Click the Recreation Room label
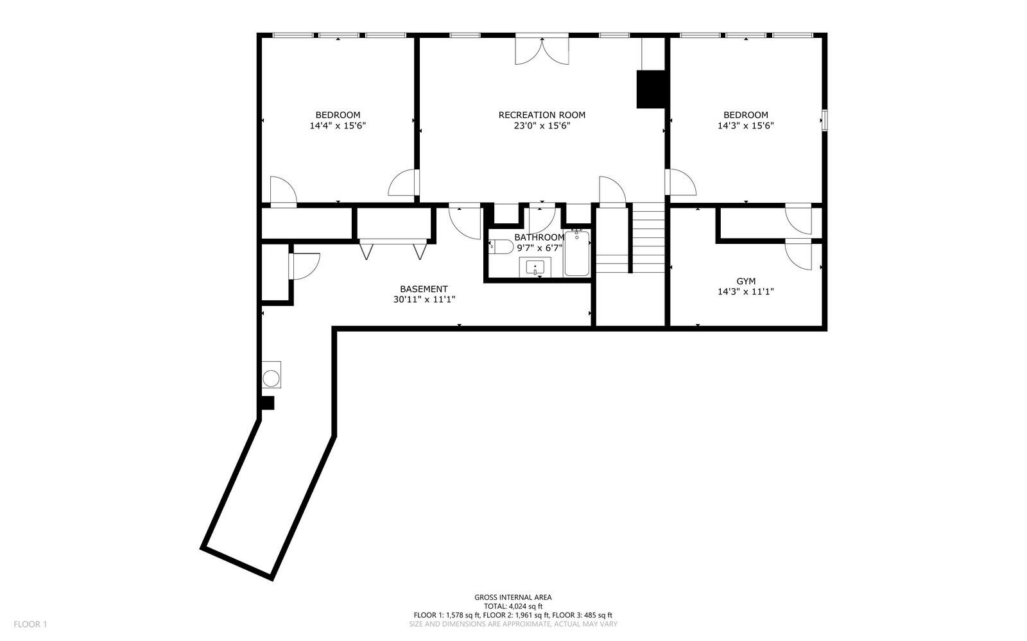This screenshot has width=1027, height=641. [x=542, y=115]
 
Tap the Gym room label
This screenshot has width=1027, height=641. [x=745, y=281]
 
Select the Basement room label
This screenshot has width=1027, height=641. [x=424, y=289]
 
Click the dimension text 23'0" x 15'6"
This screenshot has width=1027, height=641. [x=542, y=126]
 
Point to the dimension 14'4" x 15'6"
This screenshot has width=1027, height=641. [x=338, y=126]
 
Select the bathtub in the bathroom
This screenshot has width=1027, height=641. [x=576, y=254]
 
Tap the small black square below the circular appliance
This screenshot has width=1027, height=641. [x=268, y=403]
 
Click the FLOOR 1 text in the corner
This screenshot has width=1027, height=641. [x=30, y=624]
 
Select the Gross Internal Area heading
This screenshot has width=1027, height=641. [x=513, y=597]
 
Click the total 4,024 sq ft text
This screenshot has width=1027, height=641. [x=513, y=606]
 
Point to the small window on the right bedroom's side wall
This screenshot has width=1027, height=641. [x=825, y=121]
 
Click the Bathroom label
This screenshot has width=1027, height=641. [x=539, y=237]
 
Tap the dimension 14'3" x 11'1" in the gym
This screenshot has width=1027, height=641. [x=745, y=292]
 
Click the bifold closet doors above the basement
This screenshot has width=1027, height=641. [x=393, y=250]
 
